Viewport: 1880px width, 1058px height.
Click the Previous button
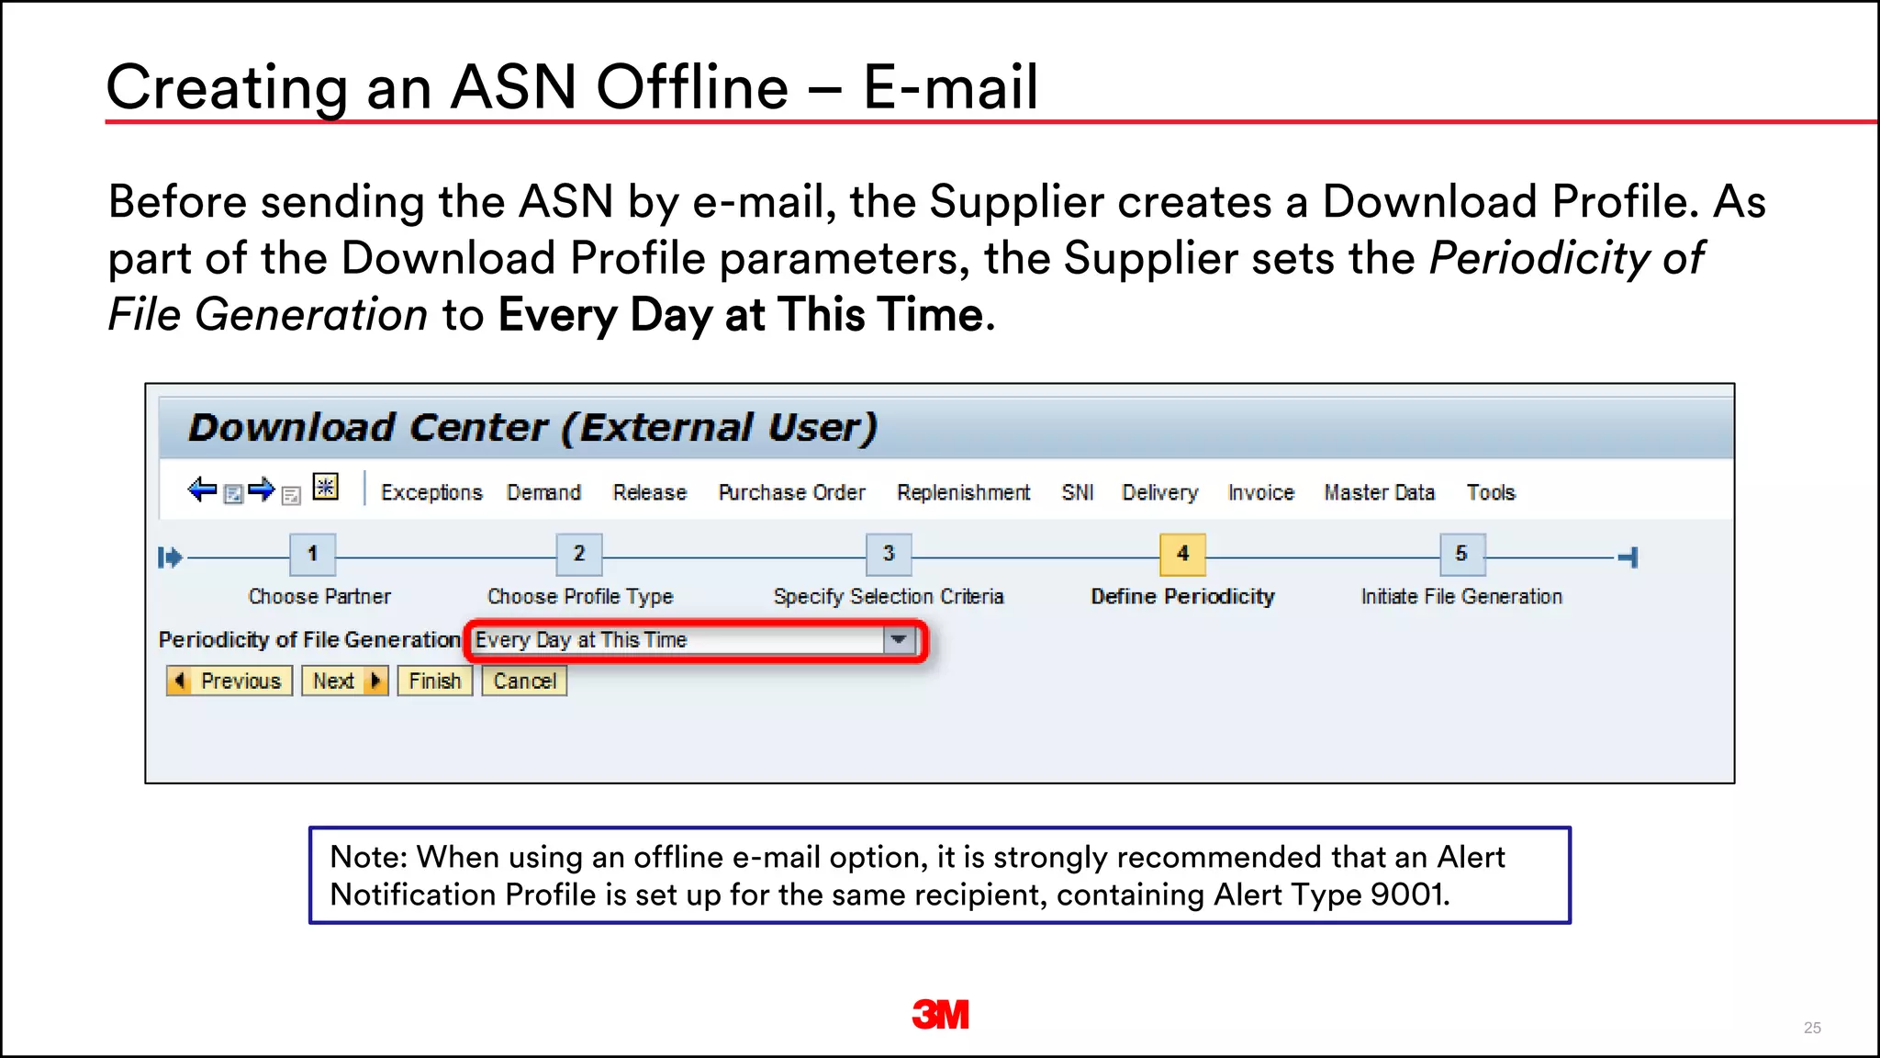[x=229, y=681]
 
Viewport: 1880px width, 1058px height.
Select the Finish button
[x=434, y=681]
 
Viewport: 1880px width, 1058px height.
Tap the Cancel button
[x=524, y=681]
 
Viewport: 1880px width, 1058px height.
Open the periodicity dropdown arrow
[x=899, y=639]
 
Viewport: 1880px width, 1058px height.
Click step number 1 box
[x=312, y=554]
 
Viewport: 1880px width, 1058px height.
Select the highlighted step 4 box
[x=1182, y=554]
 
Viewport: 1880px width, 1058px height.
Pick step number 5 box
[x=1461, y=554]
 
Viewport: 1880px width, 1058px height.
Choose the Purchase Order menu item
[x=791, y=492]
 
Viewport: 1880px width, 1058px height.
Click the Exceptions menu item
[x=431, y=492]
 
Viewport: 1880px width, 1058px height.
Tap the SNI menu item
[x=1078, y=492]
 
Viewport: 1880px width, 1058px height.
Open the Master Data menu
[x=1379, y=492]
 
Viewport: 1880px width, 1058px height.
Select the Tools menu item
[x=1491, y=492]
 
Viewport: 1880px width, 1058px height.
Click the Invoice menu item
[x=1260, y=492]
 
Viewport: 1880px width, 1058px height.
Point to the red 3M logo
[x=940, y=1015]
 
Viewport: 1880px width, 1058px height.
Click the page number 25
[x=1812, y=1028]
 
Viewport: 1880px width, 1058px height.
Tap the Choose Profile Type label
[x=580, y=596]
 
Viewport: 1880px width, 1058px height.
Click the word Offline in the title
[x=692, y=88]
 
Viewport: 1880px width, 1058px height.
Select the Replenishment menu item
[x=963, y=492]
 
